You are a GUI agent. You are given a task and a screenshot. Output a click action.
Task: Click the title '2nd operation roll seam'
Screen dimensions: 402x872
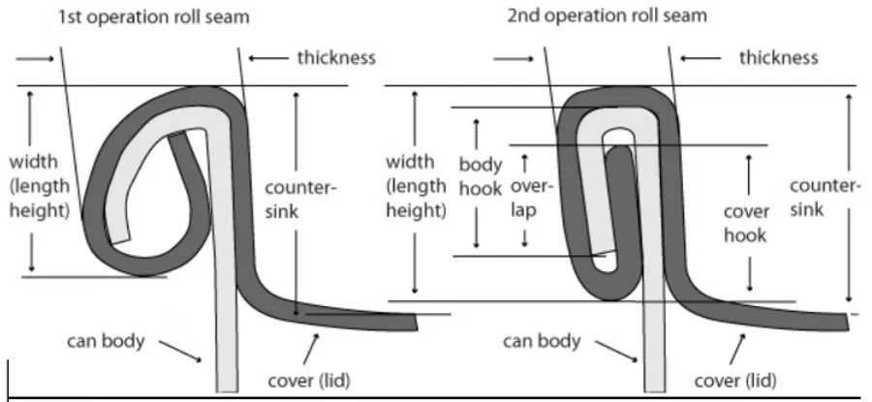click(x=607, y=16)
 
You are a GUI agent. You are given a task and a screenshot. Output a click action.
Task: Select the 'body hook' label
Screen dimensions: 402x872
click(x=480, y=176)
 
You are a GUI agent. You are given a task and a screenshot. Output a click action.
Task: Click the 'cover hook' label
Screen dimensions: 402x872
click(x=747, y=223)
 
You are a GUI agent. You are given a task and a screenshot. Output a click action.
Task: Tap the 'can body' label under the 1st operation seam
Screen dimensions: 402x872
click(x=107, y=341)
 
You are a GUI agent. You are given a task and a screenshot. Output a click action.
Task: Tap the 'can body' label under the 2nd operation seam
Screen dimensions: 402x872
click(x=543, y=341)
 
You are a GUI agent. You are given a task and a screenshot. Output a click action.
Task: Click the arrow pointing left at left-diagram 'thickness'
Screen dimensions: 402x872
click(x=265, y=58)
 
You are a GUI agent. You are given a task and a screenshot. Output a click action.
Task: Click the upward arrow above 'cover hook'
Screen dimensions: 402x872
click(x=749, y=170)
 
